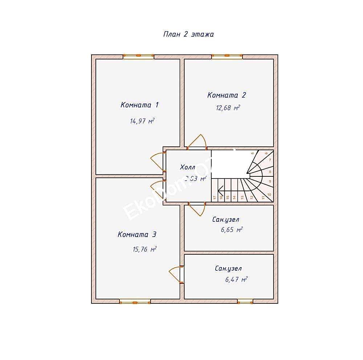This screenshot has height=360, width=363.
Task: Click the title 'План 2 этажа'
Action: click(x=188, y=34)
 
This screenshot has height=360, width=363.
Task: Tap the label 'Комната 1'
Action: click(x=139, y=105)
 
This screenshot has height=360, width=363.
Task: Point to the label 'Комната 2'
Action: click(x=227, y=95)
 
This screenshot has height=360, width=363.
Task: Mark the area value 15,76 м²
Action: click(x=144, y=249)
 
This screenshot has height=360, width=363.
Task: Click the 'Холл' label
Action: click(x=187, y=167)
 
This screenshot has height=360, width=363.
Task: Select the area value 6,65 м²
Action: click(x=231, y=230)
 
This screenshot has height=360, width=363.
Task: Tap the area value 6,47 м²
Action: click(x=236, y=279)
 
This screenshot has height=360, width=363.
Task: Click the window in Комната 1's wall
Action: click(x=138, y=56)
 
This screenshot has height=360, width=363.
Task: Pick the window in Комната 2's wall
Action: click(x=227, y=56)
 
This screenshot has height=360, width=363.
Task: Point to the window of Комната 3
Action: click(x=135, y=301)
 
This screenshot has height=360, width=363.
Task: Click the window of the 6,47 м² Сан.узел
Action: click(x=245, y=301)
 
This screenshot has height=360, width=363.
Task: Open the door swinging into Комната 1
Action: click(x=158, y=161)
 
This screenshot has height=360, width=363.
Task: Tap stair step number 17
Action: click(x=215, y=198)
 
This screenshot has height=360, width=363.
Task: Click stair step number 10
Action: click(x=269, y=195)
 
